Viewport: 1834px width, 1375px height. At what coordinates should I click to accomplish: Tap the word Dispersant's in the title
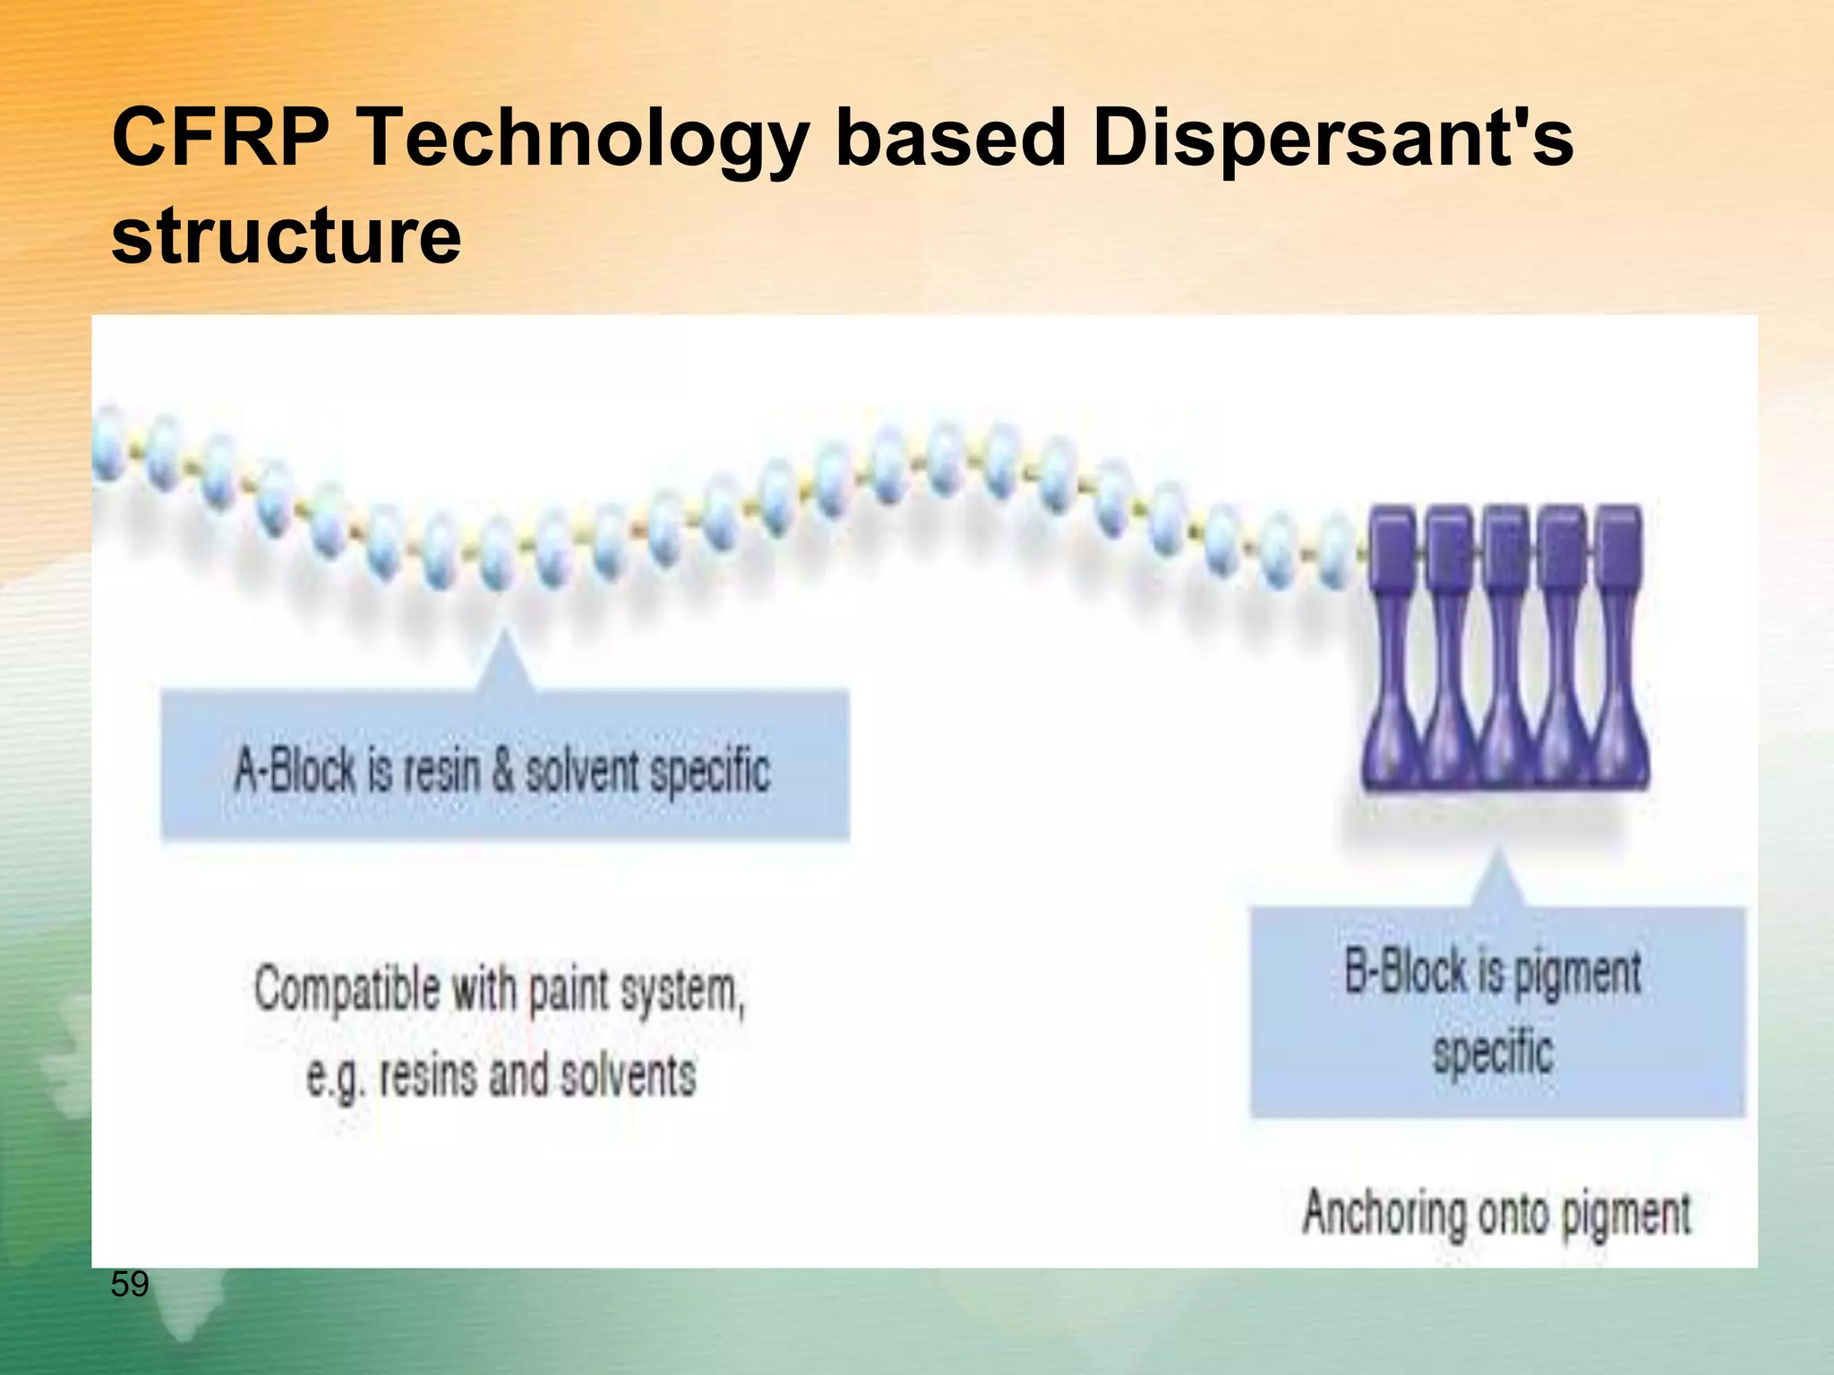tap(1333, 140)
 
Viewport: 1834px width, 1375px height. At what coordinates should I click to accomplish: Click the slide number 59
tap(130, 1285)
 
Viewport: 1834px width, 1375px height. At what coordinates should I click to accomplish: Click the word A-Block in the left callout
tap(295, 770)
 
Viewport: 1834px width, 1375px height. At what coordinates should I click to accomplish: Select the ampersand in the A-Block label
tap(503, 770)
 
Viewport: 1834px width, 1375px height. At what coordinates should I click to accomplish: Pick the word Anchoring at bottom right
tap(1383, 1214)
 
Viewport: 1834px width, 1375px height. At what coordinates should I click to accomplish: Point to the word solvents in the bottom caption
tap(627, 1075)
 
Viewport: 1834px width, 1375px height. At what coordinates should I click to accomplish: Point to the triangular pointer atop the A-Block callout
tap(504, 663)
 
